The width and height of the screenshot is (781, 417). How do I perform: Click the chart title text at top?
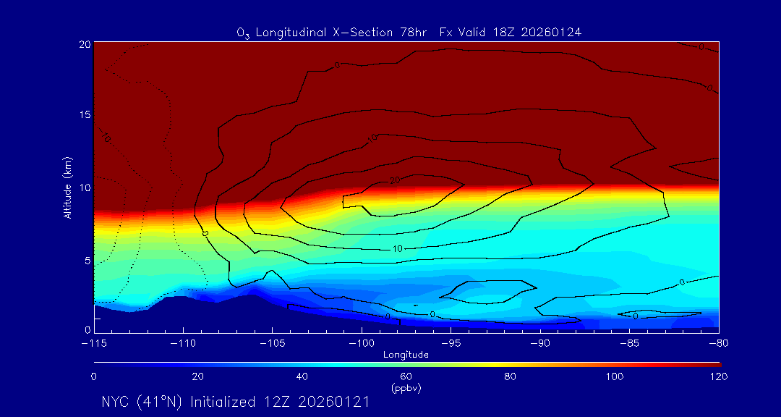pos(409,32)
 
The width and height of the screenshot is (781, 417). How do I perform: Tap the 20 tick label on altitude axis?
pos(85,45)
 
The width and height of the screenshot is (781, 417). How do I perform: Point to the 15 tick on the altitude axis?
pos(85,116)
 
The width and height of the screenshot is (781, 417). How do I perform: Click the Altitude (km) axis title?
pos(67,188)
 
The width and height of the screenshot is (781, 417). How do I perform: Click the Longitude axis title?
pos(406,355)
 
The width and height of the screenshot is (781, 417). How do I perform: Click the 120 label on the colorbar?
pos(718,376)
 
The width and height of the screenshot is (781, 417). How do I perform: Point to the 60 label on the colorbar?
pos(406,376)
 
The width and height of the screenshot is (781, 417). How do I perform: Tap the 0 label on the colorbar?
pos(94,376)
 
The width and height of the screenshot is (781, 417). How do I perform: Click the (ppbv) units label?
pos(406,388)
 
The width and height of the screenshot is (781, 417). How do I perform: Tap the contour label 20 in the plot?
pos(395,180)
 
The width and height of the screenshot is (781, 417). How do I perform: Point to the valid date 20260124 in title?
pos(553,32)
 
